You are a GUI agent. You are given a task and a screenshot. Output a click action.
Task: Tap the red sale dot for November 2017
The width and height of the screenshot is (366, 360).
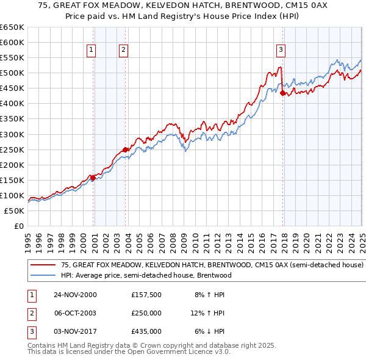(282, 93)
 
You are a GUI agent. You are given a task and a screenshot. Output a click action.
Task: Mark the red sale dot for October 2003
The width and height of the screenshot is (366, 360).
(125, 149)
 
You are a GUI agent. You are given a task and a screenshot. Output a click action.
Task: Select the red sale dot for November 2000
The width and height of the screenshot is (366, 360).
(93, 178)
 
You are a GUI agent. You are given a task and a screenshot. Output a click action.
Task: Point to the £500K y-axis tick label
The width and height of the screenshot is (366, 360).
(12, 73)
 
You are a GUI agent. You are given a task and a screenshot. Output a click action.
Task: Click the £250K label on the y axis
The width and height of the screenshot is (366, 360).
(12, 149)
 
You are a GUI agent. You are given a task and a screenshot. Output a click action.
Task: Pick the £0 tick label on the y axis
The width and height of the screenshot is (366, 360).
(18, 226)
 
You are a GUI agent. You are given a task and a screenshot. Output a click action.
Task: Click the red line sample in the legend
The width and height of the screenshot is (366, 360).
(43, 265)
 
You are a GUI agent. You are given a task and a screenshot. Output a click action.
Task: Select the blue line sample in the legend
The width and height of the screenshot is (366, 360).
(43, 275)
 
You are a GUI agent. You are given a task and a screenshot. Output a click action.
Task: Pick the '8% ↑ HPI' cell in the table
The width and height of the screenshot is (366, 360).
(209, 295)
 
